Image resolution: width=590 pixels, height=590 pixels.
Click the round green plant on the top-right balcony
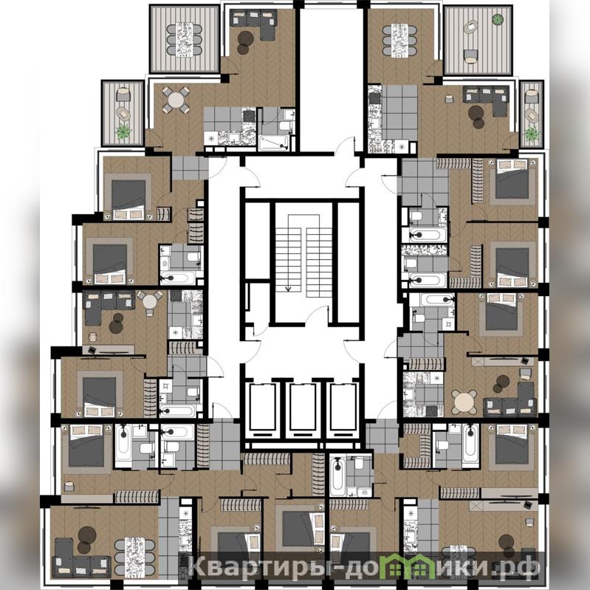click(x=498, y=18)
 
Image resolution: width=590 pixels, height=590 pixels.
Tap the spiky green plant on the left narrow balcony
click(x=123, y=132)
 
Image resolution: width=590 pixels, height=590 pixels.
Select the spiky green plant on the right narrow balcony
click(x=532, y=134)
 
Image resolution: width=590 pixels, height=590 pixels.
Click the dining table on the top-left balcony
click(x=185, y=39)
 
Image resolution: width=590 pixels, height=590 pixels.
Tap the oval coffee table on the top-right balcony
click(x=470, y=27)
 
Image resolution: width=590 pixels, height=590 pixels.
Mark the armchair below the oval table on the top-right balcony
click(x=470, y=56)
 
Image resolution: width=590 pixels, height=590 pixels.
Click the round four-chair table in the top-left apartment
click(x=176, y=100)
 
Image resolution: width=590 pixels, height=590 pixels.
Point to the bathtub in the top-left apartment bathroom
click(x=274, y=143)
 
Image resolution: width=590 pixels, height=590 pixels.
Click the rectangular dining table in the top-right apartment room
click(x=399, y=41)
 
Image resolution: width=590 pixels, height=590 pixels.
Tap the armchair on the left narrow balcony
click(x=123, y=95)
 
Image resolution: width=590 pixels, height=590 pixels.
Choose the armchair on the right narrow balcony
click(x=532, y=96)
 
